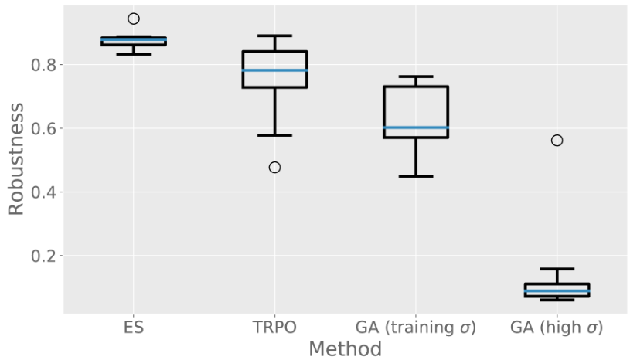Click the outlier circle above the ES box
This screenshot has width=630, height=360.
pyautogui.click(x=134, y=19)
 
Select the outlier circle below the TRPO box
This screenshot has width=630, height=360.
pyautogui.click(x=274, y=167)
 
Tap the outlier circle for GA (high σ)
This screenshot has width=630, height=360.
pyautogui.click(x=557, y=140)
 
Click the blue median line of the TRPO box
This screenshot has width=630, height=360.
pyautogui.click(x=274, y=70)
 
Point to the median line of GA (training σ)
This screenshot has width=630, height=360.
pyautogui.click(x=416, y=127)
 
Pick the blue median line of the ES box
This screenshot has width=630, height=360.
pyautogui.click(x=134, y=40)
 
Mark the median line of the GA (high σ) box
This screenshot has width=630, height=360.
pyautogui.click(x=557, y=291)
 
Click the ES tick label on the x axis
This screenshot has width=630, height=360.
pyautogui.click(x=134, y=328)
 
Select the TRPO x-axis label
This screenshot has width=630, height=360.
pyautogui.click(x=274, y=328)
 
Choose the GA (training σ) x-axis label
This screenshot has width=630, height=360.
pyautogui.click(x=416, y=328)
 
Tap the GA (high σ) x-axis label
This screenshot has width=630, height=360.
pyautogui.click(x=557, y=328)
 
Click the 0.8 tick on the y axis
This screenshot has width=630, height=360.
pyautogui.click(x=44, y=65)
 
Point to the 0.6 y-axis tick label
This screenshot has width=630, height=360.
pyautogui.click(x=44, y=128)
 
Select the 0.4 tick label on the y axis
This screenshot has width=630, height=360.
pyautogui.click(x=44, y=192)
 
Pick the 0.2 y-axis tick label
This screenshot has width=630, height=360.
pyautogui.click(x=44, y=256)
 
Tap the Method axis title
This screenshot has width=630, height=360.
pyautogui.click(x=345, y=349)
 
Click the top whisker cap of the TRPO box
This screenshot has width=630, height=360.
pyautogui.click(x=274, y=36)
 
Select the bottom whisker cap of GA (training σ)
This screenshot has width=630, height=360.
pyautogui.click(x=416, y=176)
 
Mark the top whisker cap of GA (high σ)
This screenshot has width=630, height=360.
pyautogui.click(x=557, y=269)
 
